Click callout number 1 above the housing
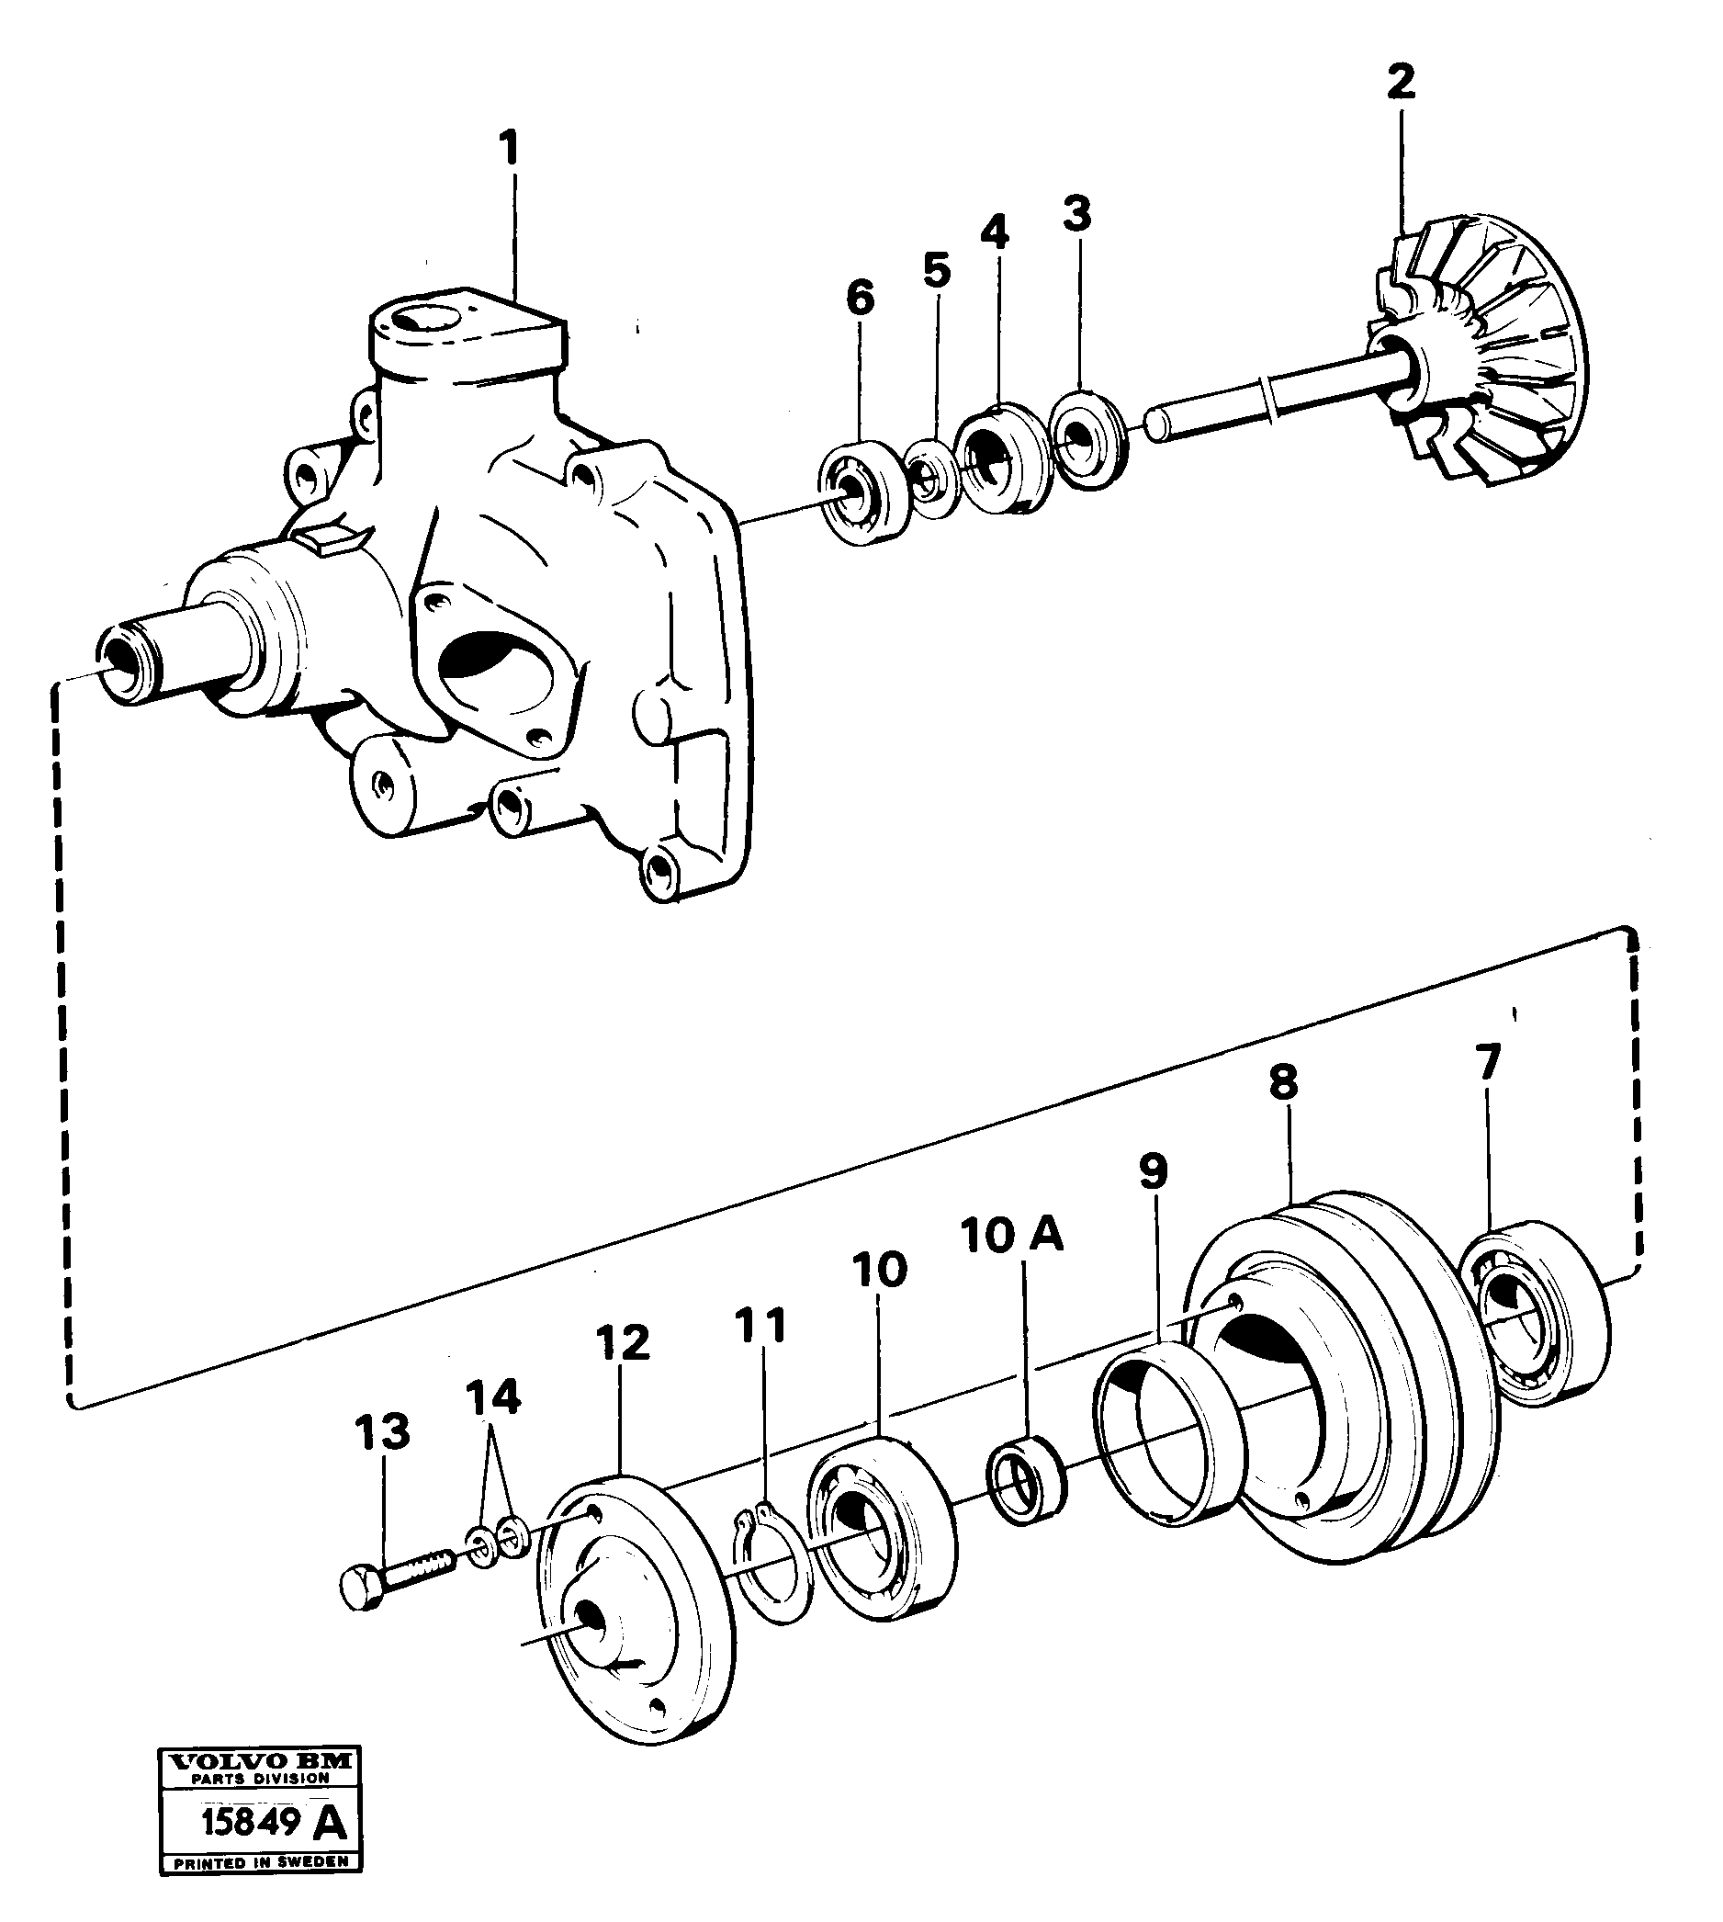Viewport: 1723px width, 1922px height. tap(510, 150)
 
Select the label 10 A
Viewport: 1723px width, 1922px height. tap(1011, 1236)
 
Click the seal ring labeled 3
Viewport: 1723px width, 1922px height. tap(1087, 436)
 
